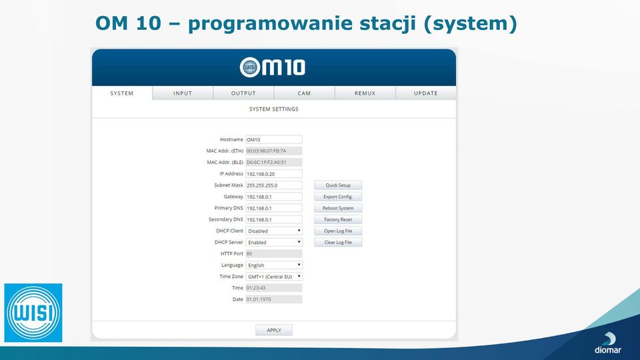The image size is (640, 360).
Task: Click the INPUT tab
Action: [x=183, y=93]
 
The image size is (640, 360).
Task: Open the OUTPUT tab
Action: [x=244, y=93]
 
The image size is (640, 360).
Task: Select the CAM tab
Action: [x=304, y=93]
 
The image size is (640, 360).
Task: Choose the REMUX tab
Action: [x=365, y=93]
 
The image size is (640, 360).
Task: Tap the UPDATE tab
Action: [x=426, y=93]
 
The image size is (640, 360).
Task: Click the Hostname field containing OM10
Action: [x=274, y=139]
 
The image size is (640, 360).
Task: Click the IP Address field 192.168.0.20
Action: [x=274, y=174]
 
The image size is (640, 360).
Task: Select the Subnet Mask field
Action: [x=274, y=185]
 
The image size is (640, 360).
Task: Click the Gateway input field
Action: [x=274, y=197]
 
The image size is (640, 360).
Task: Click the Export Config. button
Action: [x=338, y=197]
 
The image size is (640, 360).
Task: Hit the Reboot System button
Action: [x=338, y=208]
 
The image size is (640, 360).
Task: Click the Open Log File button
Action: [x=338, y=231]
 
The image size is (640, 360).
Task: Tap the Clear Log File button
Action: [x=338, y=243]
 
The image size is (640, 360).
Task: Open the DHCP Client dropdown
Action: [x=274, y=231]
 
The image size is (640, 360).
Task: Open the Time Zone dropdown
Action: [x=274, y=277]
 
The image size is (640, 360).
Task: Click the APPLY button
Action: [x=274, y=330]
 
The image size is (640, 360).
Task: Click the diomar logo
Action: [x=608, y=343]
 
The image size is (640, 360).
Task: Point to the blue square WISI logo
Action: [x=33, y=313]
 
